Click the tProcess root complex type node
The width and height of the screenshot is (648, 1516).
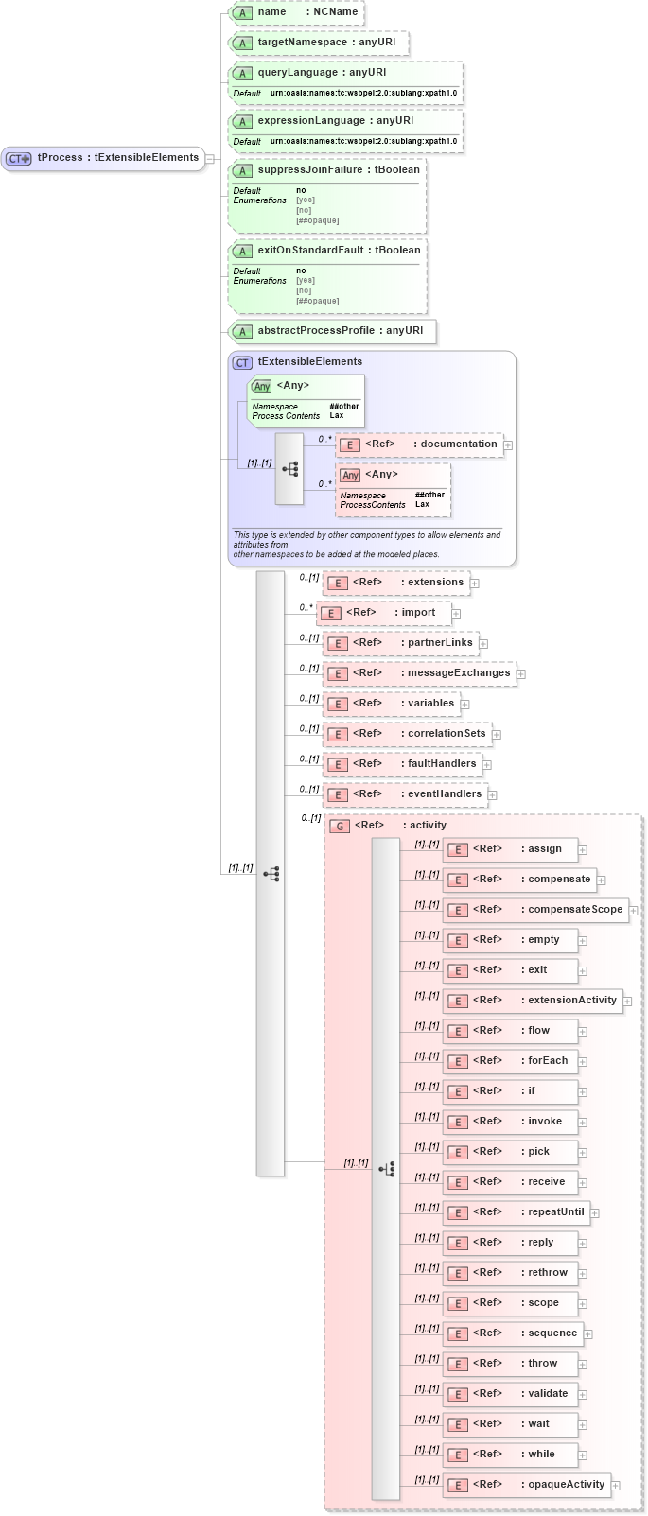(x=104, y=158)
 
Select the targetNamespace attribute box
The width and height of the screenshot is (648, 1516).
(x=320, y=43)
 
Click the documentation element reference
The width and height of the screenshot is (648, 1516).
(x=419, y=444)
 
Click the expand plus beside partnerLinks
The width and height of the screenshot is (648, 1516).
(x=483, y=644)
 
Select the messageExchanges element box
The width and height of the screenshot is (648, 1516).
(x=419, y=673)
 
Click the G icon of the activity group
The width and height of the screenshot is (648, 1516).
(x=340, y=826)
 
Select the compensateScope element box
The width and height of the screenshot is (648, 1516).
(x=535, y=910)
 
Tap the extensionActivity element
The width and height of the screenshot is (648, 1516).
(x=533, y=1001)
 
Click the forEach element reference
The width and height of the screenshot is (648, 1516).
(x=510, y=1061)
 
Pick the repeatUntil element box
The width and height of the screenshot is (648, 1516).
(x=517, y=1212)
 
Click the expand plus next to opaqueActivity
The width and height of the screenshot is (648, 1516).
(x=616, y=1486)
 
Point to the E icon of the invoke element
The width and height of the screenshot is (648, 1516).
(x=458, y=1123)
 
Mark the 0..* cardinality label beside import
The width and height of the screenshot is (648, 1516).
(x=306, y=607)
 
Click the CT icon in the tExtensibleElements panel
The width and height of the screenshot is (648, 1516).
(x=243, y=362)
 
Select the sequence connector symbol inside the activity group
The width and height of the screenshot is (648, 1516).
(x=386, y=1169)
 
